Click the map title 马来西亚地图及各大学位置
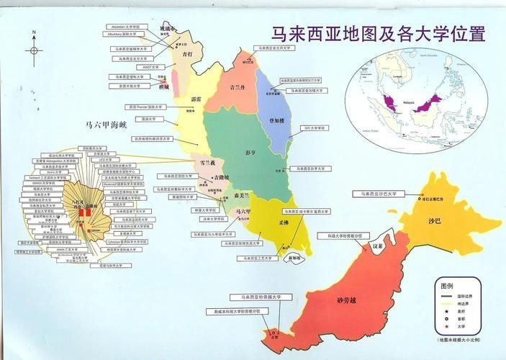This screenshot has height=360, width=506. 377,34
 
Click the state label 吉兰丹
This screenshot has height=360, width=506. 237,87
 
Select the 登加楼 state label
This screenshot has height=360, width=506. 276,120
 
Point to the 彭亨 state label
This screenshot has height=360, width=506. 250,153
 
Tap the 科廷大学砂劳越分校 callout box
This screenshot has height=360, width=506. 349,235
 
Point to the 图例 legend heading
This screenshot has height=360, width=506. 446,286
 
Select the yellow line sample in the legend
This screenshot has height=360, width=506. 447,303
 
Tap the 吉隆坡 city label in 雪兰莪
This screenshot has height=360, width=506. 221,176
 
